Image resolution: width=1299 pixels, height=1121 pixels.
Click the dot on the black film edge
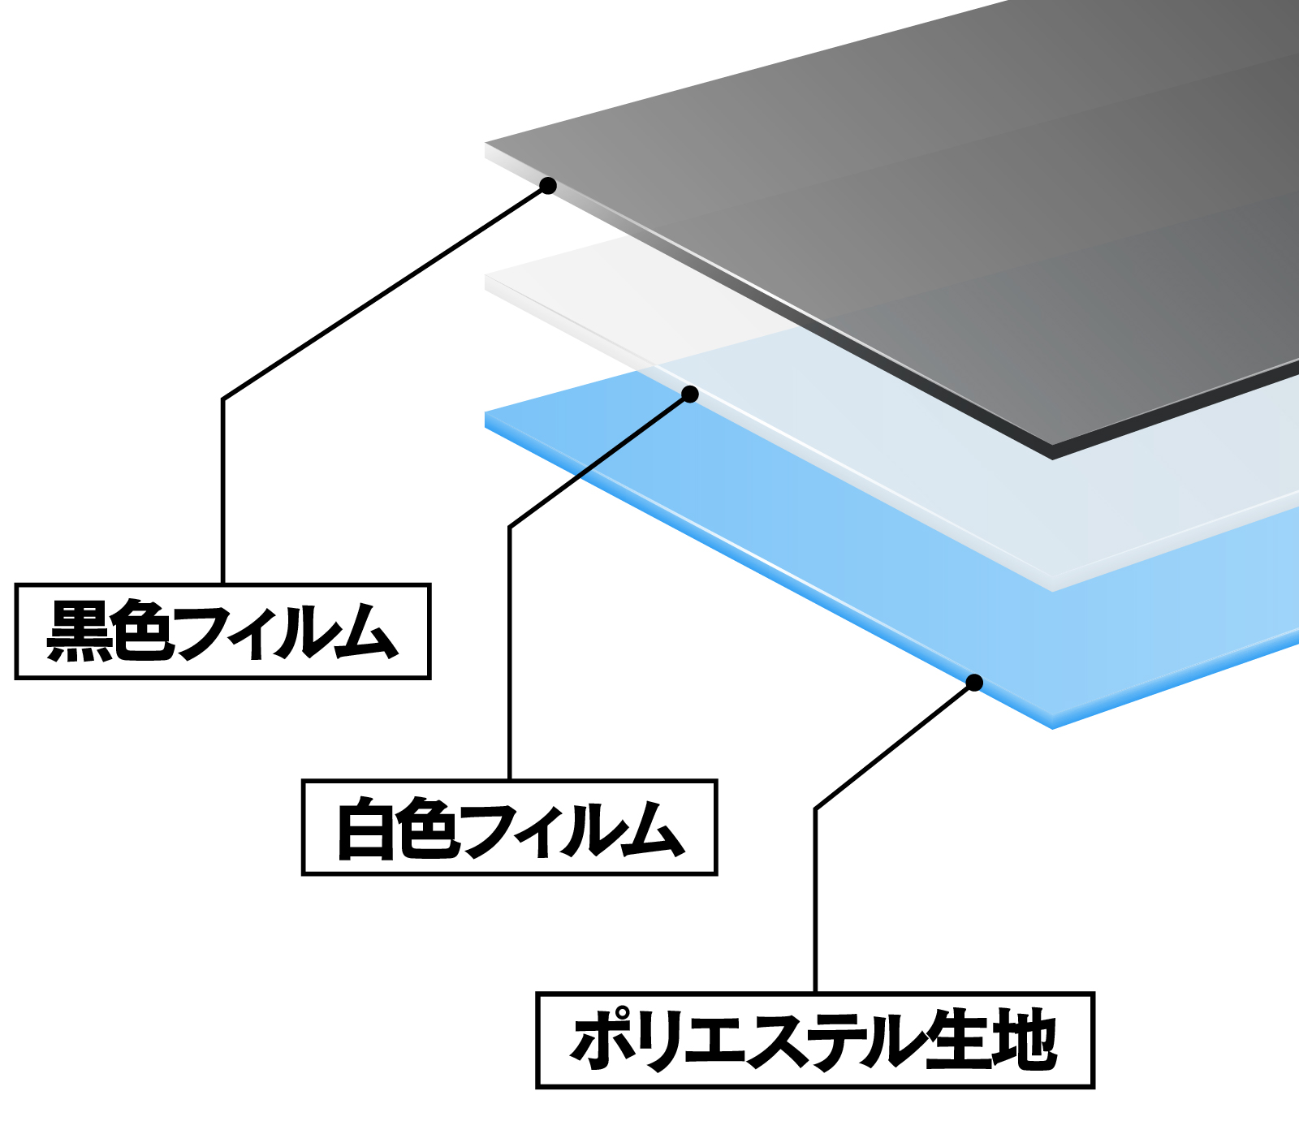point(548,186)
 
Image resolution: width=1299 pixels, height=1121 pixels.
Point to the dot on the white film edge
point(690,395)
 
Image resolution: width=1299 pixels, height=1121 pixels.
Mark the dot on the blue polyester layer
point(975,683)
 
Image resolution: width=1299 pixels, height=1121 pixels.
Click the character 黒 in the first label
point(79,631)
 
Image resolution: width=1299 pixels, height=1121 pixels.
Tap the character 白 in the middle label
point(366,828)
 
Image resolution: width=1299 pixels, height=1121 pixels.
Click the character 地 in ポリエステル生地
point(1026,1040)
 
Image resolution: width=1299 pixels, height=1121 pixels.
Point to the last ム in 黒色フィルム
point(367,631)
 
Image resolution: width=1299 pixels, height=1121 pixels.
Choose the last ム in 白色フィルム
point(653,828)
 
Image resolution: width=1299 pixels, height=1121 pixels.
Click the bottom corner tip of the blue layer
point(1053,728)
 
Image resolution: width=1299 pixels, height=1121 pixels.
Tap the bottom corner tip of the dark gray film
point(1053,458)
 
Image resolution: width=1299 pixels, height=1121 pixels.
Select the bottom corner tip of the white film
point(1053,590)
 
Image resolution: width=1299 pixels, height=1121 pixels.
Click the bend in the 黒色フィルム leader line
point(223,399)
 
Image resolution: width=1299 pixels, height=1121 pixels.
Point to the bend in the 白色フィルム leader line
point(510,527)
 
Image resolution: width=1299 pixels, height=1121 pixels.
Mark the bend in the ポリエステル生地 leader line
point(815,808)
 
